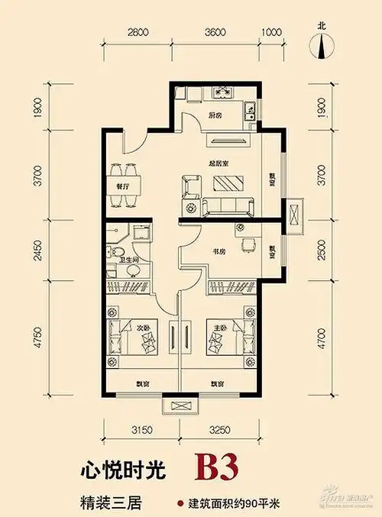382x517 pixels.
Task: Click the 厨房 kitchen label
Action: coord(215,116)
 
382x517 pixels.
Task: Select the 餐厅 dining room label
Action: coord(123,185)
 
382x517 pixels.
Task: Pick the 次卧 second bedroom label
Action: coord(142,330)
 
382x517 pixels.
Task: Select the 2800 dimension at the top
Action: coord(137,33)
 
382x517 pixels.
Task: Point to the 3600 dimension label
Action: coord(216,33)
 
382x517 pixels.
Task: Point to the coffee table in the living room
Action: coord(227,184)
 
